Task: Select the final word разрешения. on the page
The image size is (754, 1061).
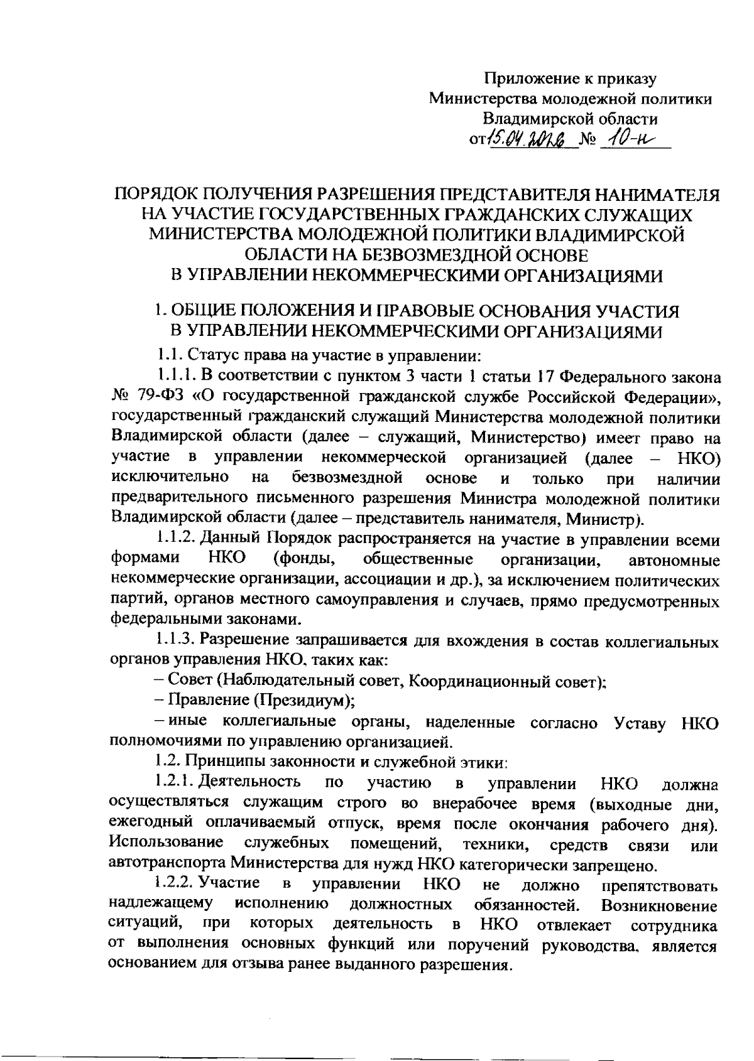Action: (x=464, y=964)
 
